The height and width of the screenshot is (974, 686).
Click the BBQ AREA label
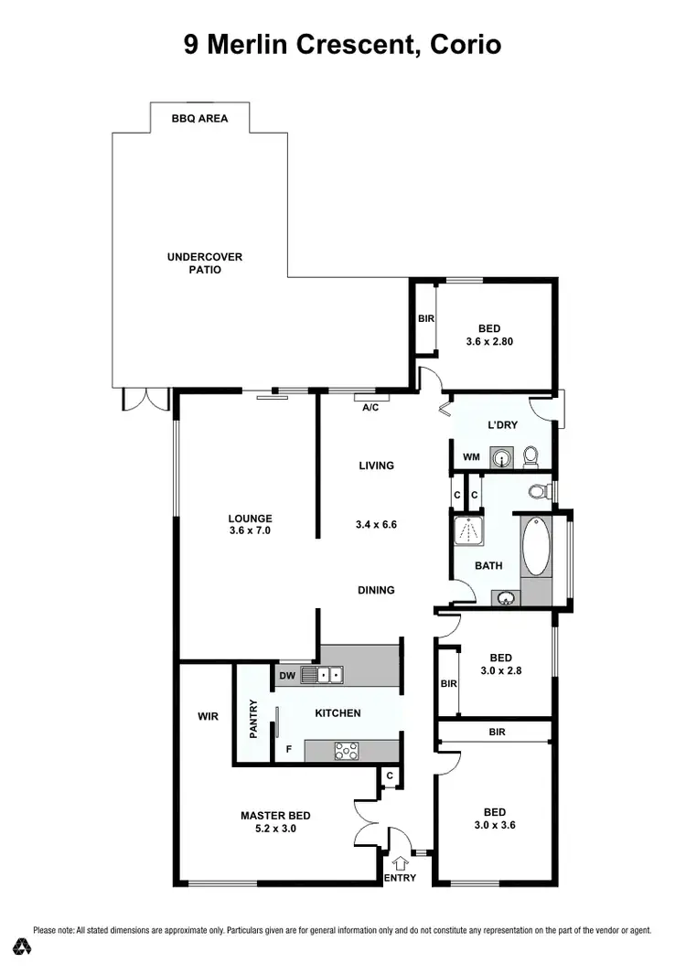tap(199, 118)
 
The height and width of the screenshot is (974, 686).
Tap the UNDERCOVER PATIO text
tap(205, 263)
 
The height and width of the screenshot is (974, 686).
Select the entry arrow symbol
tap(400, 862)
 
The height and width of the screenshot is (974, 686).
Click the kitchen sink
tap(324, 675)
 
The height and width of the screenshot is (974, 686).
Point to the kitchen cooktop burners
tap(348, 750)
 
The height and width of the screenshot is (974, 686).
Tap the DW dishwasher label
tap(288, 676)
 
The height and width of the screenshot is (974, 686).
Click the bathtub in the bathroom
tap(536, 547)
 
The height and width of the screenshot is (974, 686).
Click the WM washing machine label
tap(471, 455)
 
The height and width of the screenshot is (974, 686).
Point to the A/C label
tap(370, 407)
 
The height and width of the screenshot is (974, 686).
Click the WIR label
tap(208, 717)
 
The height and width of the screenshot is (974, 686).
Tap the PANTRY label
tap(254, 719)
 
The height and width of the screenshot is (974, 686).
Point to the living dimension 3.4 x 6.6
tap(376, 525)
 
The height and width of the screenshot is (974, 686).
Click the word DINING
tap(376, 590)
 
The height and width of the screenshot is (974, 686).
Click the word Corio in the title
tap(456, 45)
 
